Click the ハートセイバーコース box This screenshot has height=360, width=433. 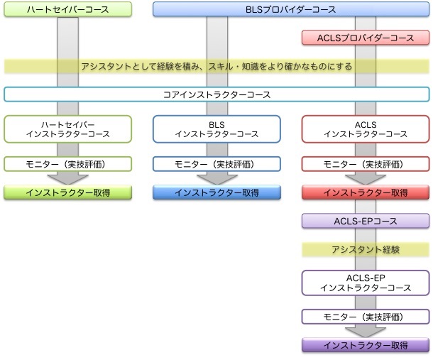click(68, 9)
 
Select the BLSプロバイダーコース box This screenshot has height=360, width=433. click(291, 9)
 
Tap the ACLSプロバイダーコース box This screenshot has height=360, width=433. click(366, 37)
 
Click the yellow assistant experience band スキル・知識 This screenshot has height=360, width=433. click(217, 66)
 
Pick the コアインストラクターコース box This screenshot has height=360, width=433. click(217, 94)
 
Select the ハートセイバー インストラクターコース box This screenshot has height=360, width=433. click(68, 129)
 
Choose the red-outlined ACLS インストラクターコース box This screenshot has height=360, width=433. click(366, 129)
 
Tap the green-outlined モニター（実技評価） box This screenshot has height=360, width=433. click(68, 164)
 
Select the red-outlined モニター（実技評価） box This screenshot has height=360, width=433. click(366, 164)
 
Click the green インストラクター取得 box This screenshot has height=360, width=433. click(68, 192)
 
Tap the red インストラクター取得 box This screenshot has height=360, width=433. click(366, 192)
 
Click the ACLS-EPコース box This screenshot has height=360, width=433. click(366, 220)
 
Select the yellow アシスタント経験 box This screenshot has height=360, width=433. click(366, 249)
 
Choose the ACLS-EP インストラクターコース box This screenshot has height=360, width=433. click(366, 282)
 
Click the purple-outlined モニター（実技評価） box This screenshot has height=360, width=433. click(366, 317)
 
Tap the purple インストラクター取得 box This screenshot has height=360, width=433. click(366, 345)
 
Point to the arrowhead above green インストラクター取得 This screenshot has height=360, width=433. click(68, 179)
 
